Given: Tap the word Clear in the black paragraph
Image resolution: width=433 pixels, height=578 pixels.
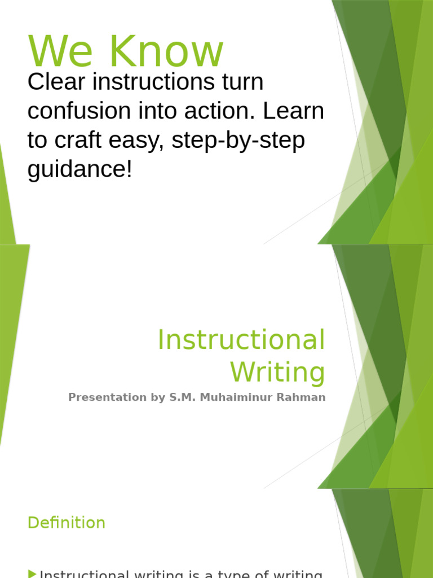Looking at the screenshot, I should pyautogui.click(x=51, y=82).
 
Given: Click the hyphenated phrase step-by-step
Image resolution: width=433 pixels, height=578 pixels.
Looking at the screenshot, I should pyautogui.click(x=238, y=140).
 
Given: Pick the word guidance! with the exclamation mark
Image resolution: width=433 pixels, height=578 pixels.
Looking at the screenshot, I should pyautogui.click(x=79, y=169).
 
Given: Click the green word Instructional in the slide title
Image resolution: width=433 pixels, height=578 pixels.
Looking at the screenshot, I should pyautogui.click(x=241, y=340).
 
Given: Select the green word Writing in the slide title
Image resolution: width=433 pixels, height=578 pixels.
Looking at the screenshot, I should pyautogui.click(x=277, y=373).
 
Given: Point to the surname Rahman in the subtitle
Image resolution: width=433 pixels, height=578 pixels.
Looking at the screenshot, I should pyautogui.click(x=304, y=397).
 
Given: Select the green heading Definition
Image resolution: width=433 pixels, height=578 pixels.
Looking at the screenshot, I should pyautogui.click(x=66, y=523).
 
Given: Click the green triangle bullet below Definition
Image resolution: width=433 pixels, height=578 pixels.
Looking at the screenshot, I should pyautogui.click(x=32, y=574).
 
